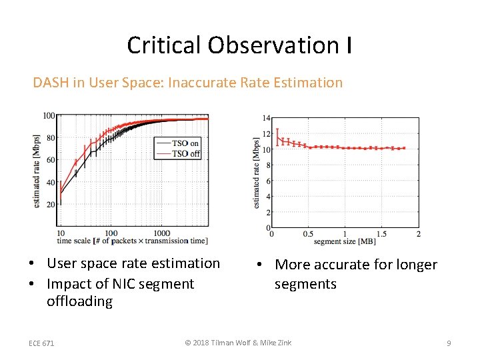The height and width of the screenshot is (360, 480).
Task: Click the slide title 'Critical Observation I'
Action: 239,45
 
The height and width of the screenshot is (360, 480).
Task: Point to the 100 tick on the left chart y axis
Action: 49,116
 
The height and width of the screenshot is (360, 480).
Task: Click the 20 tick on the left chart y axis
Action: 51,205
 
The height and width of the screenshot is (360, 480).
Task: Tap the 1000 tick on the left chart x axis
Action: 162,233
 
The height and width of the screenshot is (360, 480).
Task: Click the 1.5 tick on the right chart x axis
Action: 381,235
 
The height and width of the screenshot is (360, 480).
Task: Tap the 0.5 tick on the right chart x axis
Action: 308,235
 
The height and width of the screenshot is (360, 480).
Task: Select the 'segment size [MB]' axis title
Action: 343,241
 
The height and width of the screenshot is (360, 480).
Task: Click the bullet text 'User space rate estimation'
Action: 133,263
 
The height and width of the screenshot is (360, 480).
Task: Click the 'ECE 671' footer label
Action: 41,343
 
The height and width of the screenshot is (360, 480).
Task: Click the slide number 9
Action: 449,343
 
